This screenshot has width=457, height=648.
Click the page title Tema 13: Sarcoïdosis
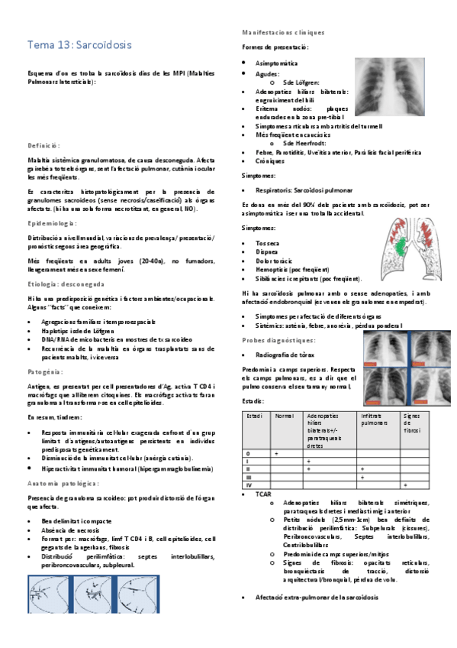79,45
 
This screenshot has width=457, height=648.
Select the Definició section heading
43,144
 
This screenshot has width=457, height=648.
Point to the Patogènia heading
45,371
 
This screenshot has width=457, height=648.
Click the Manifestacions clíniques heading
282,33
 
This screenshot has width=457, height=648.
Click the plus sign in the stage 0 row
276,453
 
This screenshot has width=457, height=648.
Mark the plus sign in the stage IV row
404,484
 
